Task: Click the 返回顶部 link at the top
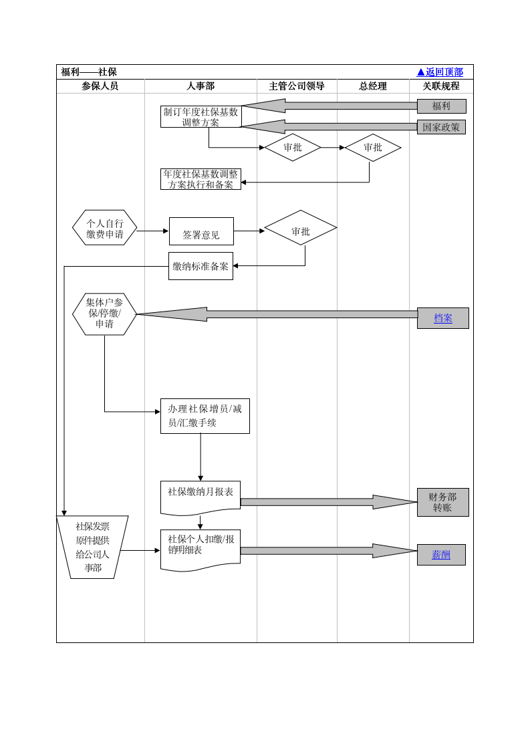pos(440,72)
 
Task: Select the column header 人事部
pos(201,86)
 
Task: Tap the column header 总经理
pos(373,86)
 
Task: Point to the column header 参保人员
pos(100,86)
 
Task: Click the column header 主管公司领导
pos(297,86)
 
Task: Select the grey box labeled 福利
pos(441,106)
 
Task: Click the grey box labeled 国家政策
pos(441,127)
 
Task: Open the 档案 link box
pos(442,318)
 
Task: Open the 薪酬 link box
pos(441,555)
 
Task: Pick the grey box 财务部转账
pos(442,502)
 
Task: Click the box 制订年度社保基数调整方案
pos(201,117)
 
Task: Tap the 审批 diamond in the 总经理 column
pos(373,148)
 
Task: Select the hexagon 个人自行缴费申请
pos(105,228)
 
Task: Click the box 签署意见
pos(201,231)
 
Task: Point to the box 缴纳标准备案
pos(201,266)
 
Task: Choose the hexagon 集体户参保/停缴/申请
pos(105,314)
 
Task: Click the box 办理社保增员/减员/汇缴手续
pos(205,416)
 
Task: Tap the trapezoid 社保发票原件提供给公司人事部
pos(92,547)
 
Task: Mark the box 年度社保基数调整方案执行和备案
pos(201,179)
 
